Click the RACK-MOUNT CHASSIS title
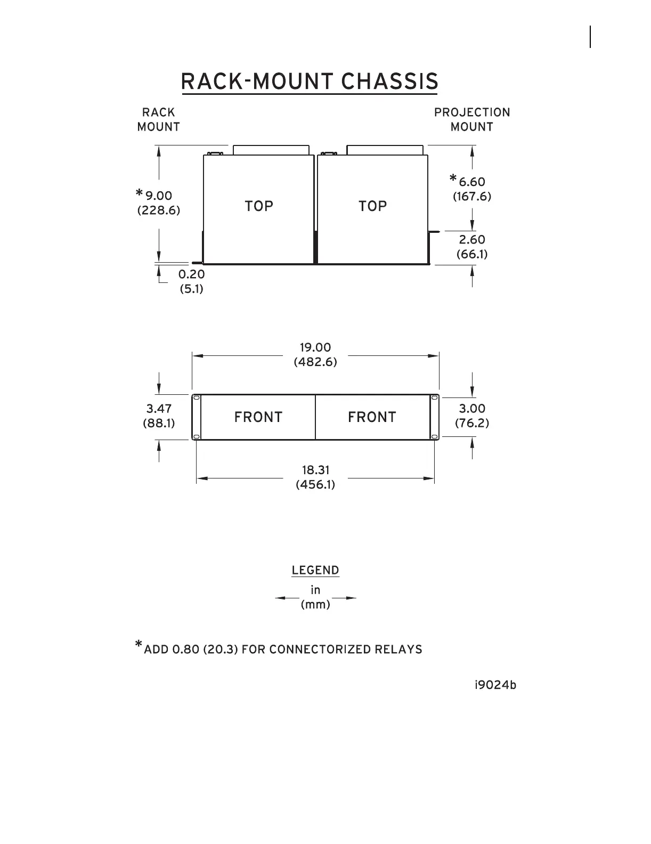click(310, 82)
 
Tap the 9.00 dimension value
click(159, 196)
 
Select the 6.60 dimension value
click(472, 182)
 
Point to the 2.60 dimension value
click(472, 240)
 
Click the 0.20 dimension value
click(192, 274)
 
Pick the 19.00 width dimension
click(315, 347)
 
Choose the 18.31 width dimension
click(315, 470)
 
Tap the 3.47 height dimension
click(159, 409)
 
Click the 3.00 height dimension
click(472, 409)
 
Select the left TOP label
click(259, 206)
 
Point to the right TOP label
click(373, 206)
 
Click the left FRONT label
click(258, 417)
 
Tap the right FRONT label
click(372, 417)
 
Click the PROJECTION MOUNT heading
click(472, 119)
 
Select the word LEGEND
click(315, 570)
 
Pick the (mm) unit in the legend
click(315, 605)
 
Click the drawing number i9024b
click(495, 685)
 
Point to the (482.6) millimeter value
click(315, 362)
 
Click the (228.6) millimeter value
click(159, 210)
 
